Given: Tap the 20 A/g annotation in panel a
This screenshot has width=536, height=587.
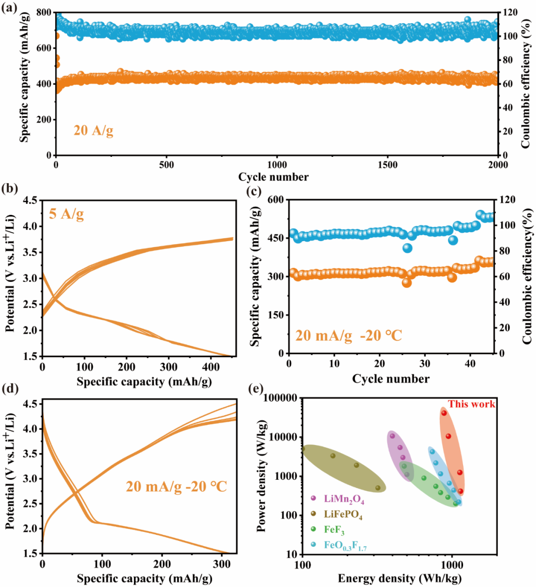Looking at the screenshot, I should point(93,130).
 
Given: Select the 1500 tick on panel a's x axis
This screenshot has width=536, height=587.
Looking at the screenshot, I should point(387,165).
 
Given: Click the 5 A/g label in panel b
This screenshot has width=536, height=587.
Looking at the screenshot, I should point(66,214).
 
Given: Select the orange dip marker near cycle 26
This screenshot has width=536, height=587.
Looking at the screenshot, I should point(407,282).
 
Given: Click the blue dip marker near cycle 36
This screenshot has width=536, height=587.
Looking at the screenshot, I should point(453,240).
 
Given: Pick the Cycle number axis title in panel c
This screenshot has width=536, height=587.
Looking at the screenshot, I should point(391,379).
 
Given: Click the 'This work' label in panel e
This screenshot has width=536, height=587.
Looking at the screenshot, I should point(471,404).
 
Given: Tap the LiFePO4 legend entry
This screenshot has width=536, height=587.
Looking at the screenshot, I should point(343,515).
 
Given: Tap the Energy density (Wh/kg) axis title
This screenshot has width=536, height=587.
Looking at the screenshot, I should point(400,578).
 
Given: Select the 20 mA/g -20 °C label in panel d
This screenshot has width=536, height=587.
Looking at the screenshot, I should point(176,486).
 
